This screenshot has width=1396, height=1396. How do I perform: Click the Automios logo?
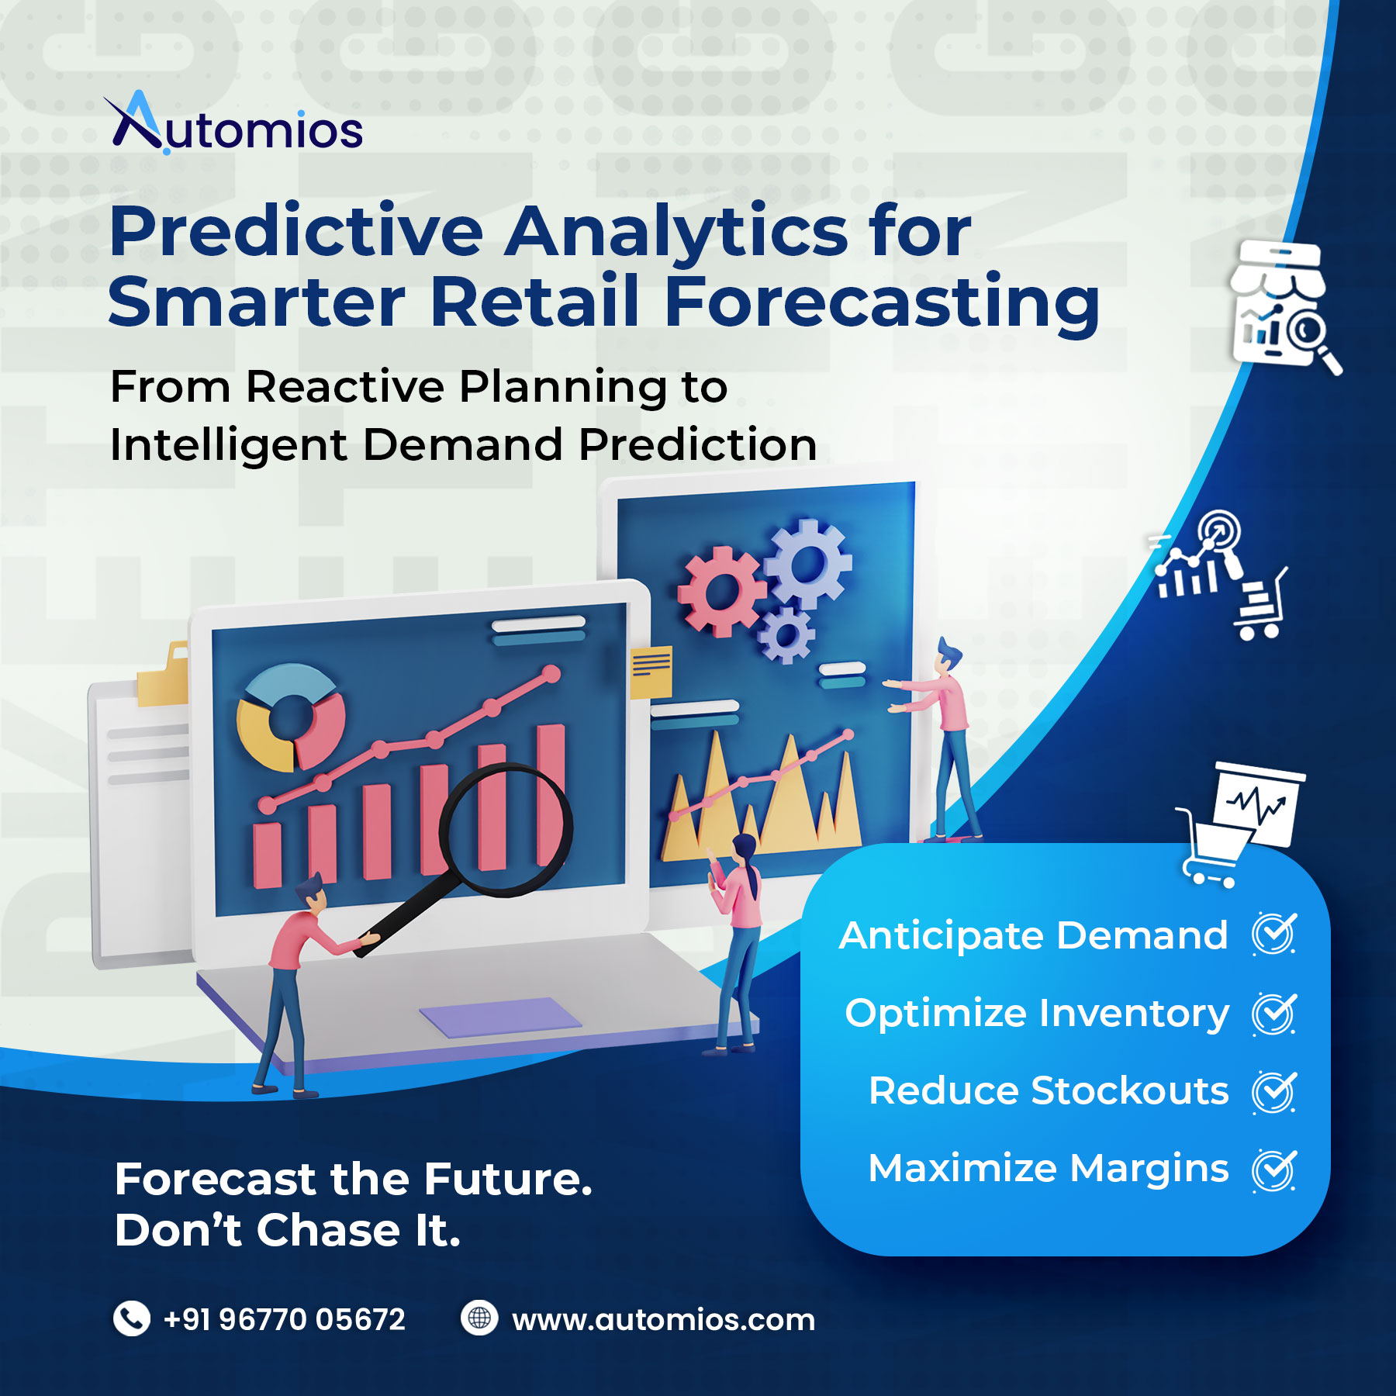(233, 123)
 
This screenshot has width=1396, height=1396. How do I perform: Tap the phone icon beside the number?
(132, 1318)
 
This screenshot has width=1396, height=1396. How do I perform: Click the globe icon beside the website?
(479, 1318)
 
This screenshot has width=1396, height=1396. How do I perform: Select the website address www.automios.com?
(664, 1319)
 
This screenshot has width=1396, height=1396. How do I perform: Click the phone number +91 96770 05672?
(284, 1319)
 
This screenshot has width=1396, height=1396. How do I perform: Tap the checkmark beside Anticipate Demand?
(1274, 934)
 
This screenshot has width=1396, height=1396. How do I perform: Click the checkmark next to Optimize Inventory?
(1274, 1014)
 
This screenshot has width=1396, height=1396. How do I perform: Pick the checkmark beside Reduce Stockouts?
(1274, 1091)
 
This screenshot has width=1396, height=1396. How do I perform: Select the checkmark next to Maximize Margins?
(1274, 1170)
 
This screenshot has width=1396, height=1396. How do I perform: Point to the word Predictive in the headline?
(296, 230)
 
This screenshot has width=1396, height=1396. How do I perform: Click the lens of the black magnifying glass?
(506, 828)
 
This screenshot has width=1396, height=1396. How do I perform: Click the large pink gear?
(721, 591)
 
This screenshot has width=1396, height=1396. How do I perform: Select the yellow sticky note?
(651, 672)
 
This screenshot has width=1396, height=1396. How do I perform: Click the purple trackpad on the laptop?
(500, 1017)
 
